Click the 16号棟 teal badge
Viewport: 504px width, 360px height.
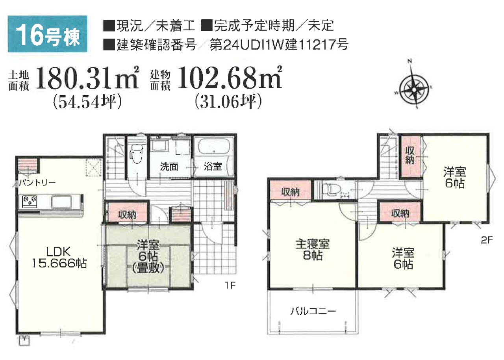(48, 34)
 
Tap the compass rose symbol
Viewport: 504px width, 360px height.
(413, 85)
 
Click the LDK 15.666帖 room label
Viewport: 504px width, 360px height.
(59, 258)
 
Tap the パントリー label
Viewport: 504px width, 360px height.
(37, 182)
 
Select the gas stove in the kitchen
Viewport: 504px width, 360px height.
(30, 201)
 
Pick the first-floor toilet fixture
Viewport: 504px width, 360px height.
(137, 153)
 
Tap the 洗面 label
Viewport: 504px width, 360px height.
(169, 167)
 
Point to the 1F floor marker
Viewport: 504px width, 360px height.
(230, 286)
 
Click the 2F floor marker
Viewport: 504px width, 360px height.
(487, 241)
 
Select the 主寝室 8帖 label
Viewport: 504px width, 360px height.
(313, 250)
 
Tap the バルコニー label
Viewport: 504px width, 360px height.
(313, 312)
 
